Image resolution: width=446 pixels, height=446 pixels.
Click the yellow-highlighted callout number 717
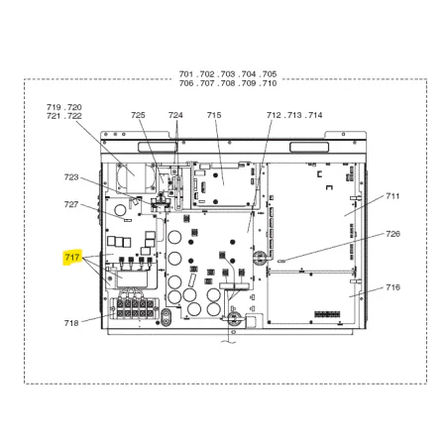point(72,257)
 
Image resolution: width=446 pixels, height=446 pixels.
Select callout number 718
point(71,323)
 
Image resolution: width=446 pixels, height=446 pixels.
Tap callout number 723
point(71,177)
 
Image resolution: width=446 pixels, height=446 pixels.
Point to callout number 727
point(71,204)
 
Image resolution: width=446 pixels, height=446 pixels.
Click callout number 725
point(138,115)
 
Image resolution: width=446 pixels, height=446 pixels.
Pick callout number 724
point(175,115)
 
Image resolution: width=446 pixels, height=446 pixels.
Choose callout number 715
point(214,115)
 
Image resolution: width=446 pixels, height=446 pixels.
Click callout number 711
point(392,196)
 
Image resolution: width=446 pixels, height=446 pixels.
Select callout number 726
point(392,234)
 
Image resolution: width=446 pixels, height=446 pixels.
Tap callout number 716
point(392,287)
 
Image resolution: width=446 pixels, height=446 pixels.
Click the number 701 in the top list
point(186,74)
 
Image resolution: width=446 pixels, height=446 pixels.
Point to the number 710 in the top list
point(270,83)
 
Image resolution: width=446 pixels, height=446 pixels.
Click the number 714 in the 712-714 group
point(315,115)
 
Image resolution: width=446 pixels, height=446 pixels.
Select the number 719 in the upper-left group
point(54,107)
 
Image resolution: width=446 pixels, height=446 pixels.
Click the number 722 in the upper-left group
point(74,116)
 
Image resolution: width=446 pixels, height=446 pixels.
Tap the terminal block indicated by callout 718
point(134,308)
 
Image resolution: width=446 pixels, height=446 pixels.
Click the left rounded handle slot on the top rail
point(158,148)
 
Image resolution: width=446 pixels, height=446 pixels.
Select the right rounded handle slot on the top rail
point(309,148)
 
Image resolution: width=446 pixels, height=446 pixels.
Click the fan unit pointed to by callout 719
point(136,178)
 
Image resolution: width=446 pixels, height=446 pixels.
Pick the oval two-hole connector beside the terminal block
point(166,317)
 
